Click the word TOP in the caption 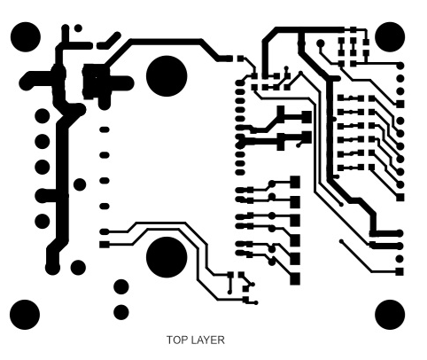(x=175, y=340)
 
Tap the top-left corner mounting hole (x=25, y=37)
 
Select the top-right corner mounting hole (x=390, y=37)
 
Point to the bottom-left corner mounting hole (x=25, y=314)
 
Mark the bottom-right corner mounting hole (x=390, y=314)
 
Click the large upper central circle (x=167, y=76)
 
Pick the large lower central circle (x=167, y=257)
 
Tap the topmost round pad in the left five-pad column (x=43, y=115)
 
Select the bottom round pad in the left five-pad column (x=43, y=221)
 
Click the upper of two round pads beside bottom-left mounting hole (x=121, y=286)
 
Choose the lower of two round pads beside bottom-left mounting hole (x=121, y=312)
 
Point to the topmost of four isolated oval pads (x=105, y=129)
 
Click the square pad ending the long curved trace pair (x=105, y=245)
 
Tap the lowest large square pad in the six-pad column (x=295, y=278)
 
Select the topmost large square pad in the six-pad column (x=295, y=182)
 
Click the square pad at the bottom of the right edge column (x=400, y=271)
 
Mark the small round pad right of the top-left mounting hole (x=78, y=28)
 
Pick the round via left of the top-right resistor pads (x=321, y=43)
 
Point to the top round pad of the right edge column (x=400, y=66)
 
